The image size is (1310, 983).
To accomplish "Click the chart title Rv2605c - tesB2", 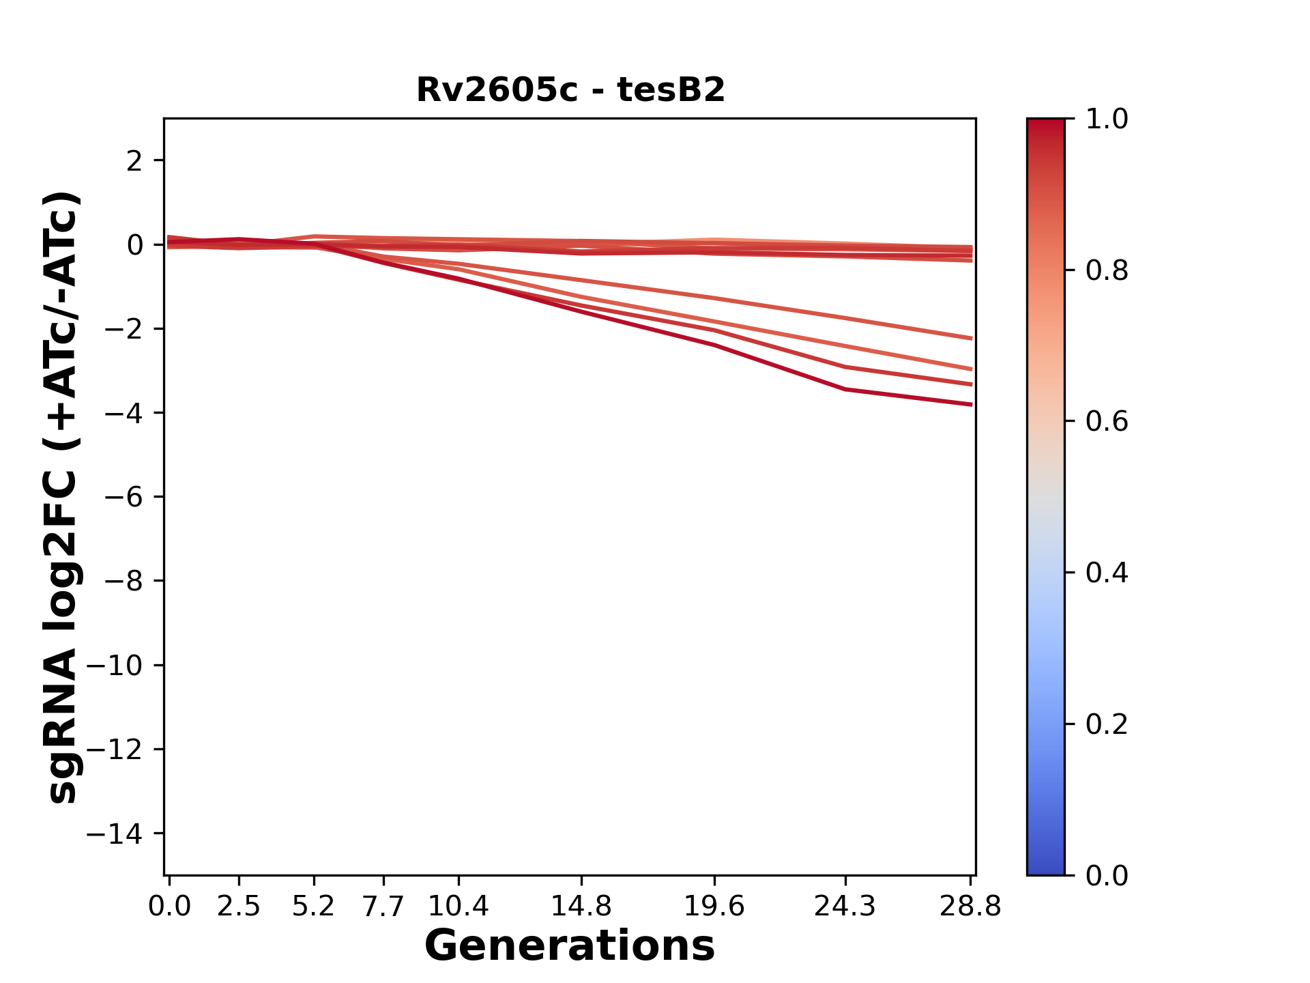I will point(570,90).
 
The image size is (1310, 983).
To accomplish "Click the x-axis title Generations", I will point(570,946).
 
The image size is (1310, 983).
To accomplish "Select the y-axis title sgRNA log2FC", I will point(62,496).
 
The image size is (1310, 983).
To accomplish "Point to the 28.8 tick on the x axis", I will point(970,907).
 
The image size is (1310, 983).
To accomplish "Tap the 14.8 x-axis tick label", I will point(581,907).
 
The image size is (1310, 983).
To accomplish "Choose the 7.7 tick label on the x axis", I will point(383,907).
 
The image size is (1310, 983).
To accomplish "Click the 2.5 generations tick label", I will point(238,907).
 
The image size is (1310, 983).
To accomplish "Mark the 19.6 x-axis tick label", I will point(714,907).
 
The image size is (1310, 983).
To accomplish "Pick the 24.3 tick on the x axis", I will point(845,907).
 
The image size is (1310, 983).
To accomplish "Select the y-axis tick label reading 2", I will point(134,161).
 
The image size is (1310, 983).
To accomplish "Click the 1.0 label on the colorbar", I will point(1107,119).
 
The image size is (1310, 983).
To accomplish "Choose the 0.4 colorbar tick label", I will point(1107,573).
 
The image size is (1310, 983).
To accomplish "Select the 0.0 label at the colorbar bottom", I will point(1107,875).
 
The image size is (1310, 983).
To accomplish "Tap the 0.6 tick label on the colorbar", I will point(1107,422).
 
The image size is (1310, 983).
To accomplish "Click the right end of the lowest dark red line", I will point(971,405).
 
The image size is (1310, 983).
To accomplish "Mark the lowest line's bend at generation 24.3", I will point(845,389).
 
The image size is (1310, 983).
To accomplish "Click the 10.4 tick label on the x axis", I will point(458,907).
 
